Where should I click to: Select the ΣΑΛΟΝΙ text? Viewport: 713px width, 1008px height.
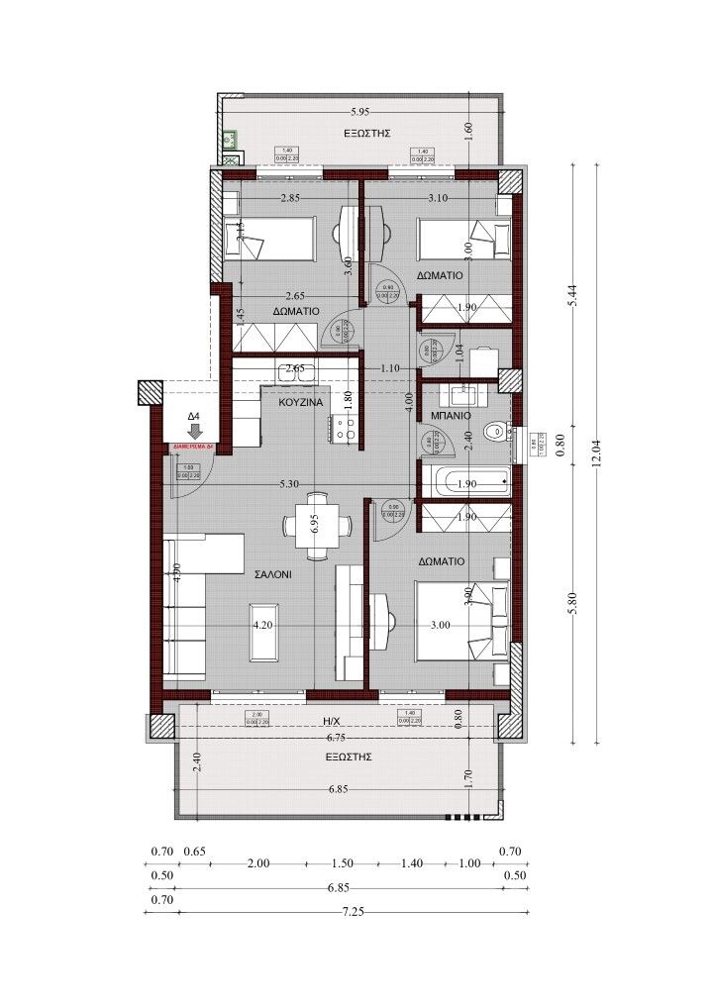(271, 573)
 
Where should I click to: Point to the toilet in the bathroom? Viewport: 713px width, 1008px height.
(495, 432)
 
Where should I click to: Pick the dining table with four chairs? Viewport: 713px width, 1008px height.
(314, 526)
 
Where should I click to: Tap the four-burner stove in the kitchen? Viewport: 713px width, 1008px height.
(347, 429)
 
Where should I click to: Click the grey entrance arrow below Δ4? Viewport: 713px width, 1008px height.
(195, 431)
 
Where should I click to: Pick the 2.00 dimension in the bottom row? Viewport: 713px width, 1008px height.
(258, 863)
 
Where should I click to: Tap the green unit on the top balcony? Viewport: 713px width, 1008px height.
(229, 139)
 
